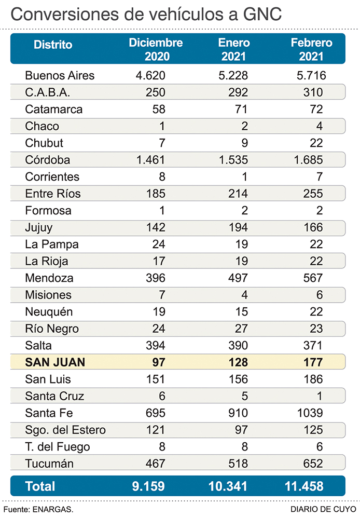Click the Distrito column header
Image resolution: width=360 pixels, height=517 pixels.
(53, 45)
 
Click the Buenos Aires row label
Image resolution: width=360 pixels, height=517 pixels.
(60, 76)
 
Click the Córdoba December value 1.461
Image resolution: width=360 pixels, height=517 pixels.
(150, 160)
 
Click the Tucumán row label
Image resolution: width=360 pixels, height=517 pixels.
(49, 464)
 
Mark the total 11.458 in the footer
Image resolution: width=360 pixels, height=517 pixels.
(304, 486)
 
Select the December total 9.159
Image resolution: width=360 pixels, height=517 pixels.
(149, 486)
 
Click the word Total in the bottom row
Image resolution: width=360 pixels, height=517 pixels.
(40, 486)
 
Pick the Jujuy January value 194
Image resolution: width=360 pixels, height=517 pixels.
(237, 227)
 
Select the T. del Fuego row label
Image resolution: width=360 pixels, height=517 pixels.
(57, 447)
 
